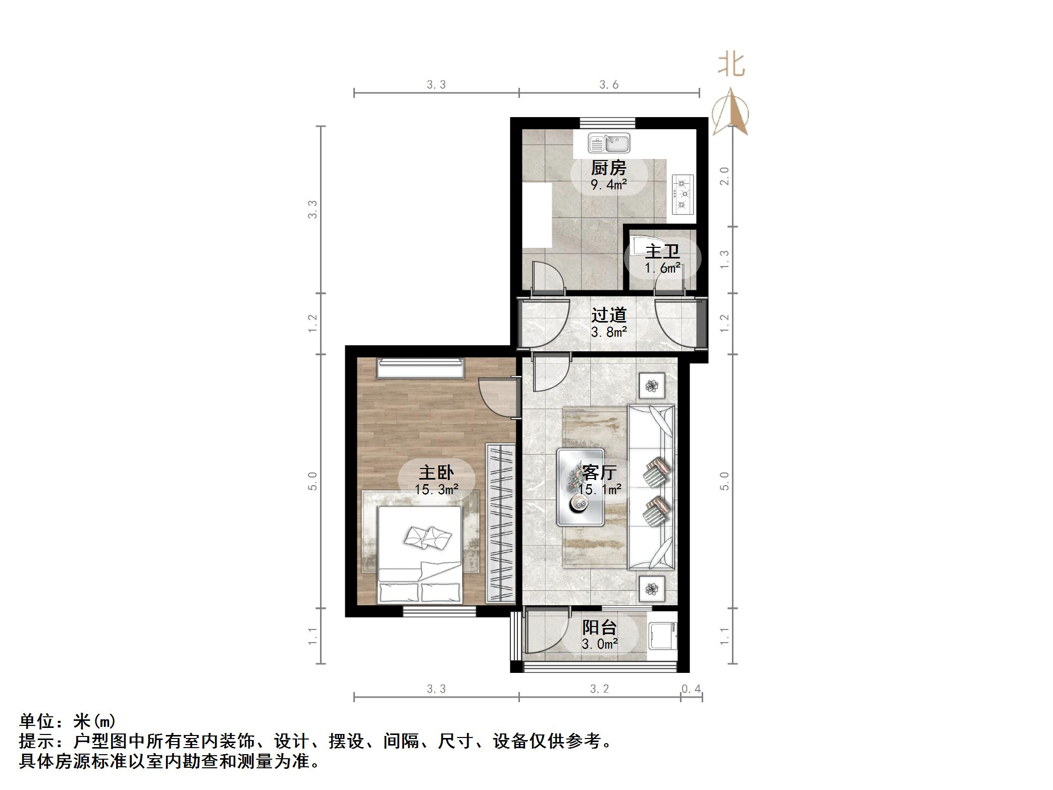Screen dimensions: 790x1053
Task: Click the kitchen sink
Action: pos(609,143)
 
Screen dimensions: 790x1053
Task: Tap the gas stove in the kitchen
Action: pos(682,193)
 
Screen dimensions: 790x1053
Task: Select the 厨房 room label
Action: pos(609,167)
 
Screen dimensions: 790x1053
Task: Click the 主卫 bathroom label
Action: pos(662,251)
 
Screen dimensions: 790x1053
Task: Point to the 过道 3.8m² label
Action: pos(609,323)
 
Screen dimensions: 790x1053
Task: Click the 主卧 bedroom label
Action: pos(436,473)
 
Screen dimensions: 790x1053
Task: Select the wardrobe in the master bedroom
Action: pos(500,523)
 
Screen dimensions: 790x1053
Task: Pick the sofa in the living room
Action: pos(651,487)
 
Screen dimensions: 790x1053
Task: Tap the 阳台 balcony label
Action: pos(599,627)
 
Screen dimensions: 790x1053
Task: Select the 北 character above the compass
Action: pos(731,66)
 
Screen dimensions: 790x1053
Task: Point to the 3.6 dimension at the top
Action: pos(609,85)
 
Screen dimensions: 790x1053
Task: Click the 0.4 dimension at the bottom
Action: pos(691,689)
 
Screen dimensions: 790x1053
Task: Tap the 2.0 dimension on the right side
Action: pos(724,176)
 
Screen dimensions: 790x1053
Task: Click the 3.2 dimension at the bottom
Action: pos(599,689)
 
